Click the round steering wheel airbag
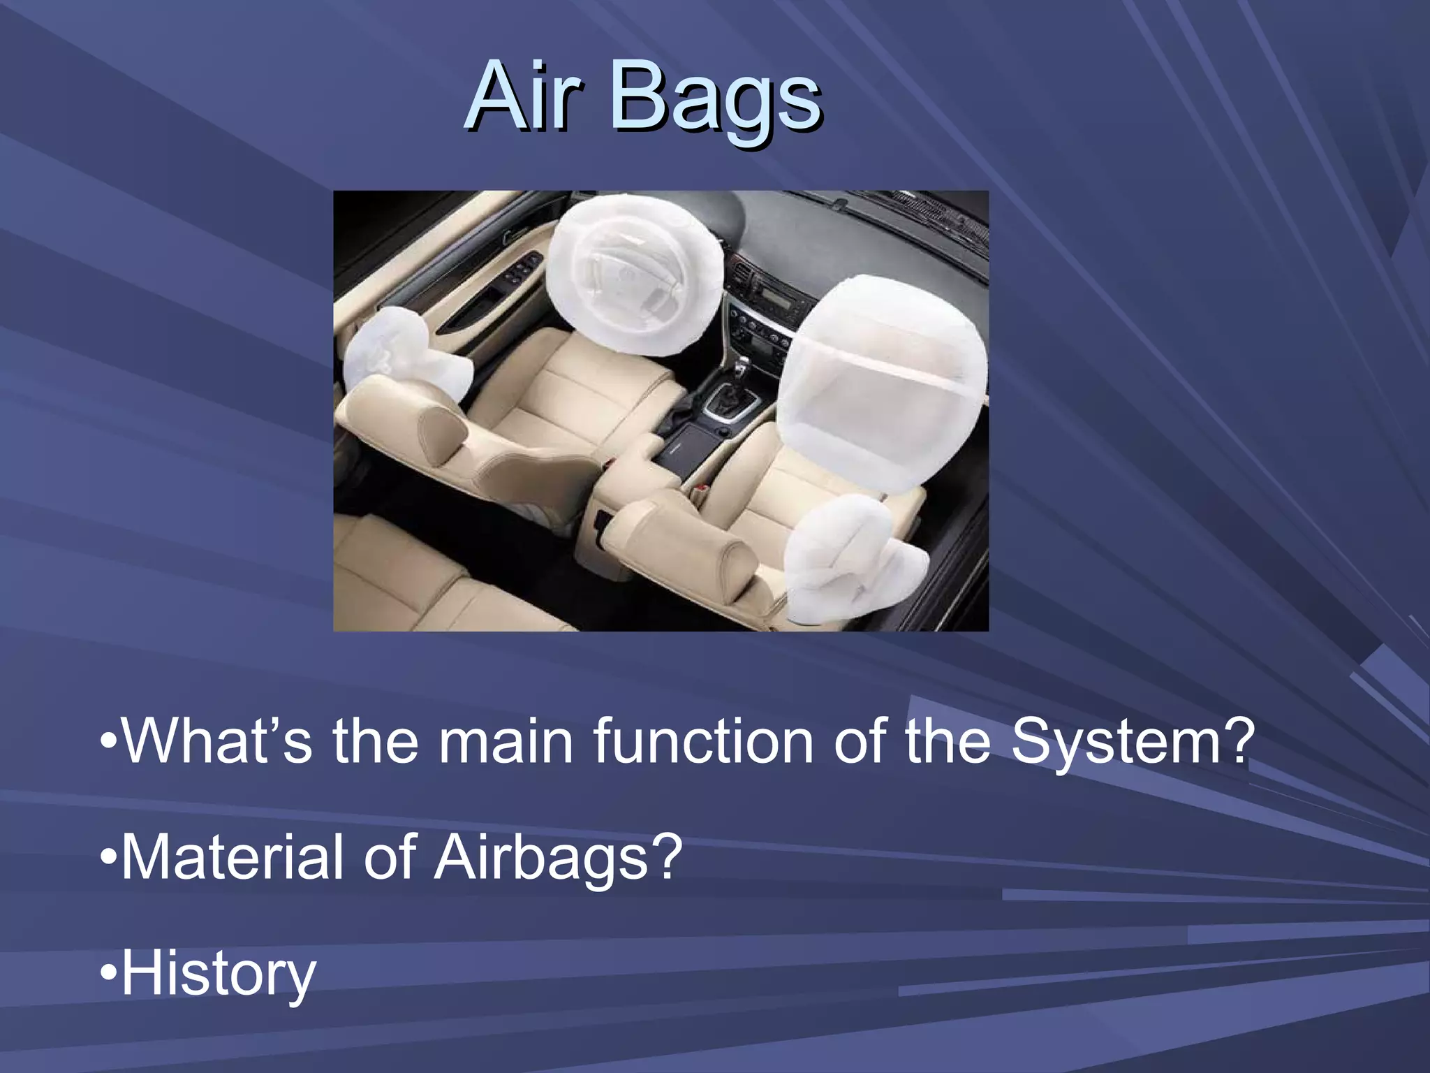pyautogui.click(x=635, y=276)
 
